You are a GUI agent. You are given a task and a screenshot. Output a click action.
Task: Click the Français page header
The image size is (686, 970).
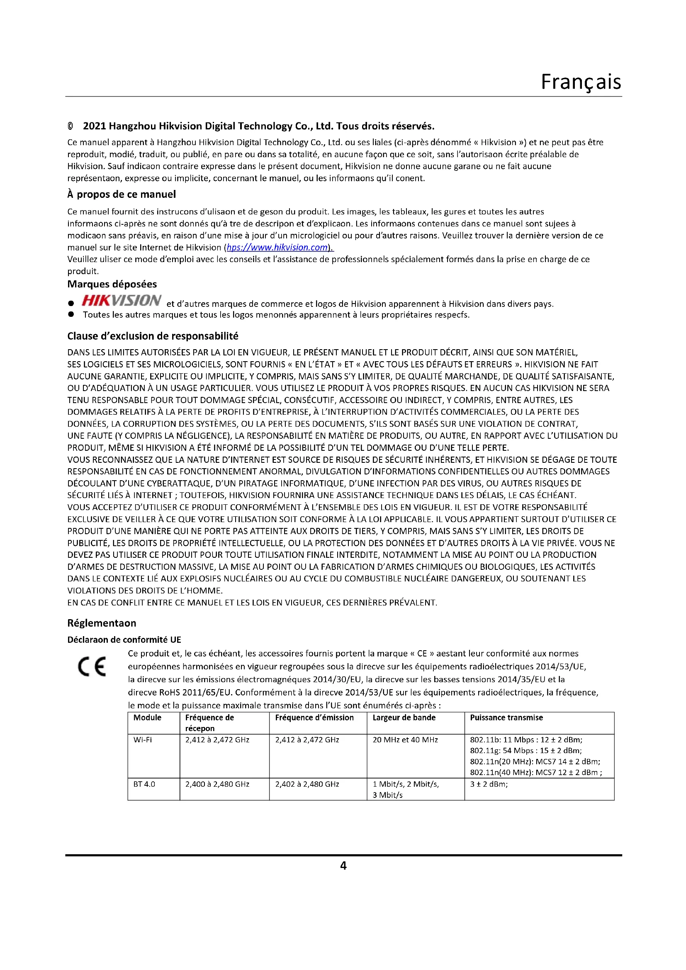click(x=581, y=82)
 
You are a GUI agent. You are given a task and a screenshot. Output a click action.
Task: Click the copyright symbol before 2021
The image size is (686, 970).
click(x=70, y=126)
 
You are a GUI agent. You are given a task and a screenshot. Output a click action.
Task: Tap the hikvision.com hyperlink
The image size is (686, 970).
click(x=277, y=248)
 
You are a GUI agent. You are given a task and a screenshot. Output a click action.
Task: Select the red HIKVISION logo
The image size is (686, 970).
click(x=121, y=300)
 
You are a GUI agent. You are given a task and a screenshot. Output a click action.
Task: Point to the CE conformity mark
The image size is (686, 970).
click(x=92, y=667)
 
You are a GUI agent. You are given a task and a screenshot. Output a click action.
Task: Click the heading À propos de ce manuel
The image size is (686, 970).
click(x=121, y=194)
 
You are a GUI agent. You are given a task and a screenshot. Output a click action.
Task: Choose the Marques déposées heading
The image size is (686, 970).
click(x=112, y=284)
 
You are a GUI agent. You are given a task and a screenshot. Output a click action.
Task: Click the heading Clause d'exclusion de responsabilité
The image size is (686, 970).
click(x=153, y=336)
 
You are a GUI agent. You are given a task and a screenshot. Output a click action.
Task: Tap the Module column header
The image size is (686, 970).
click(x=147, y=718)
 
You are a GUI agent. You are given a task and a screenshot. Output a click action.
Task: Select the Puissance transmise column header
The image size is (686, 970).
click(x=506, y=718)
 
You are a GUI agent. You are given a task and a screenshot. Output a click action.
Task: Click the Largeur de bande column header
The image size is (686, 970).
click(x=404, y=718)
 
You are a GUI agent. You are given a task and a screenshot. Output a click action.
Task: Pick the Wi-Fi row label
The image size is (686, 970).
click(x=142, y=740)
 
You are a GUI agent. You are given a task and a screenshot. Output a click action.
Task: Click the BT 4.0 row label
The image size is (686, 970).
click(x=144, y=784)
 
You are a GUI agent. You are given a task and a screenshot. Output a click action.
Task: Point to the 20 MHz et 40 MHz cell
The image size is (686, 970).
click(x=405, y=740)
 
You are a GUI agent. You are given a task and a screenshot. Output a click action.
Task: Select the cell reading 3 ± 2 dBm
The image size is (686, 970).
click(x=489, y=784)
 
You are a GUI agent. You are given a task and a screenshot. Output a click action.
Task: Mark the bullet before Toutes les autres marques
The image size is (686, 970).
click(x=71, y=314)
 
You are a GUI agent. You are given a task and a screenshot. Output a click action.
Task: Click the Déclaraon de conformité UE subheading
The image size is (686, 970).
click(x=124, y=639)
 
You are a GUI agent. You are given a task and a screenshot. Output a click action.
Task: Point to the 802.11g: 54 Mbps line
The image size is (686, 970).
click(x=525, y=751)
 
